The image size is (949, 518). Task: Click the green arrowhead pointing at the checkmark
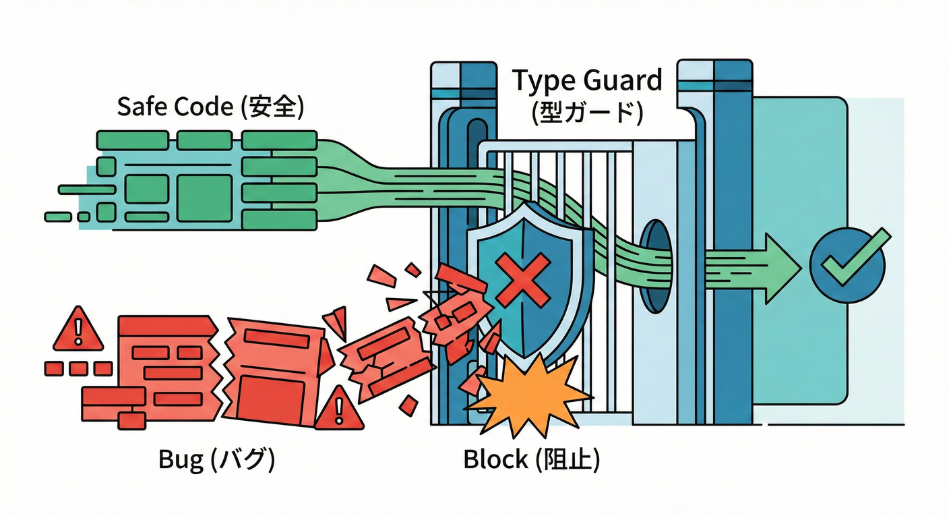[782, 268]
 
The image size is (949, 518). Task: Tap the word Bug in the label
[181, 460]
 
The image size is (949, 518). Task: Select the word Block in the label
[495, 460]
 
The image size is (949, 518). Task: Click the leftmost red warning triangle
[78, 330]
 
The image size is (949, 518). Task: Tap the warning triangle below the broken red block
[338, 409]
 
